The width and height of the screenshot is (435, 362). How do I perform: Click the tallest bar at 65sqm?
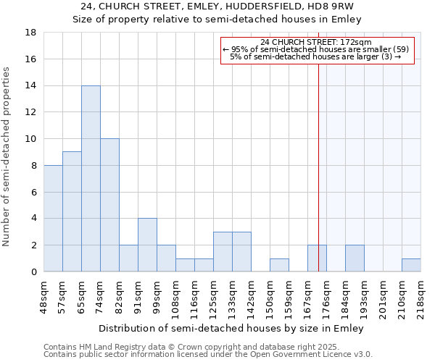91,179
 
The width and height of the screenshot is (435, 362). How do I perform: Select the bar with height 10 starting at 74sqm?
109,205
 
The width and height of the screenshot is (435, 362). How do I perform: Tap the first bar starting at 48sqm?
53,219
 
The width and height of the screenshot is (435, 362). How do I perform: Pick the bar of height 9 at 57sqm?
72,211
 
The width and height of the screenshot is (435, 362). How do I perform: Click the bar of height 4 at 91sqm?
147,245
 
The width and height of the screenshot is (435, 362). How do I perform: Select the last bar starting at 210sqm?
411,265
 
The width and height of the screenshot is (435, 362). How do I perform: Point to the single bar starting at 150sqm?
279,265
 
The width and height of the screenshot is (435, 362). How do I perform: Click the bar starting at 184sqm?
355,258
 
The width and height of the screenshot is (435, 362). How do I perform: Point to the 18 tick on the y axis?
31,33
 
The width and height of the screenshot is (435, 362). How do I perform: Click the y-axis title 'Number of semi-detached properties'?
7,156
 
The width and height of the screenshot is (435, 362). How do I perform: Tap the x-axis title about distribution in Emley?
231,328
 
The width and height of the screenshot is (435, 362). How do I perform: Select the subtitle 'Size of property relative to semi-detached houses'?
217,20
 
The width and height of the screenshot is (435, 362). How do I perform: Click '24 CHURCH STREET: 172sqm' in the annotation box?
315,42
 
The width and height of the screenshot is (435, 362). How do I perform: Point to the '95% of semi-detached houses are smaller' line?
315,49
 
